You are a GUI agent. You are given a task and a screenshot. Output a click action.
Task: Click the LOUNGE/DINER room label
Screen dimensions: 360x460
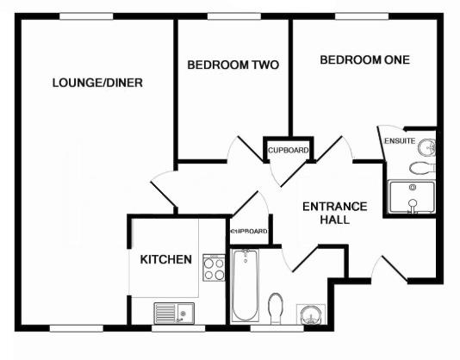pos(97,83)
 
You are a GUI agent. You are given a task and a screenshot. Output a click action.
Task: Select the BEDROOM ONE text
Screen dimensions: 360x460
pos(364,59)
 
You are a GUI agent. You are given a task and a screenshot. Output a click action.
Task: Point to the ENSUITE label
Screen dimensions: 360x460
pos(400,140)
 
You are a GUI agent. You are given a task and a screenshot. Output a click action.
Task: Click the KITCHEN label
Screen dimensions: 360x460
pos(166,258)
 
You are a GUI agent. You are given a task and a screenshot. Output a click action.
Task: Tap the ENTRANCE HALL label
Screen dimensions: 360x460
pos(334,213)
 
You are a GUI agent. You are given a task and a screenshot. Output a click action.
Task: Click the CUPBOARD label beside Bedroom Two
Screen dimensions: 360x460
pos(288,151)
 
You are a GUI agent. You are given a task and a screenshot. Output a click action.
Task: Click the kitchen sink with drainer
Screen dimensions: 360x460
pos(175,311)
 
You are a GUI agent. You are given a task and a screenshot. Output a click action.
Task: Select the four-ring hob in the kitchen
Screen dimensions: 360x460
pos(213,269)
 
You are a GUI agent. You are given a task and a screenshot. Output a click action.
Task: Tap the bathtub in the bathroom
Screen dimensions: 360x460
pos(246,284)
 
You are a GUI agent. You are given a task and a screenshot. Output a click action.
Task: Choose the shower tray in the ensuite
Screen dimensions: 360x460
pos(413,197)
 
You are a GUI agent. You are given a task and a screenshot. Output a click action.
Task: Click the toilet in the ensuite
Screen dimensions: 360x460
pos(423,166)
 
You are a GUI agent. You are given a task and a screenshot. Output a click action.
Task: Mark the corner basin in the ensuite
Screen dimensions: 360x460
pos(428,145)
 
